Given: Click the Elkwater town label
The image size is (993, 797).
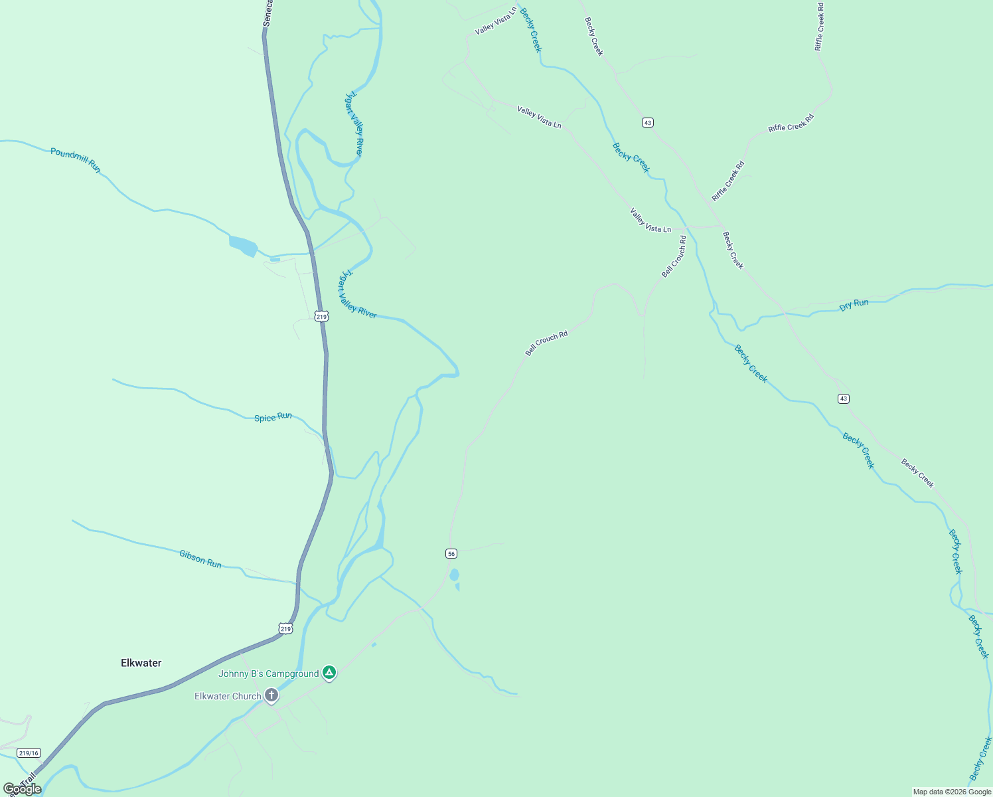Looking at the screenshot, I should [x=141, y=663].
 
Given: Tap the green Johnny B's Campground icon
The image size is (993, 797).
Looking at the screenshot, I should [x=329, y=673].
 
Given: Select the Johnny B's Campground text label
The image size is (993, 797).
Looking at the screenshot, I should [x=269, y=673].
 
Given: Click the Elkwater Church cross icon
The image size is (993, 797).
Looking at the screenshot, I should [x=271, y=695].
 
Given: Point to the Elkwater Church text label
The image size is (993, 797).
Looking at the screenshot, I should [x=228, y=696].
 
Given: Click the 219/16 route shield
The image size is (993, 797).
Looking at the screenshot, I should [x=29, y=753].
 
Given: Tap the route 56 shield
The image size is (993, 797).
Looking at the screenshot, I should [x=451, y=553].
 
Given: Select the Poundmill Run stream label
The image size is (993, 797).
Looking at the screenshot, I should [x=76, y=160].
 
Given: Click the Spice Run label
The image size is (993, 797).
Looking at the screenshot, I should [x=273, y=417].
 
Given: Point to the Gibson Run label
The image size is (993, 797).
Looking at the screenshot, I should [x=200, y=559].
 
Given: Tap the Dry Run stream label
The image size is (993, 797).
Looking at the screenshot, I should [x=854, y=304].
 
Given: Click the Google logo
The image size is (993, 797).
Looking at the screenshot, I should [x=22, y=789].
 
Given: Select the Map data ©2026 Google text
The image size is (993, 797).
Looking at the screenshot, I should [x=952, y=792].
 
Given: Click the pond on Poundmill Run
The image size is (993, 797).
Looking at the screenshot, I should [x=243, y=246].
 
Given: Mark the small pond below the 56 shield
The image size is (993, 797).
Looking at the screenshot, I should [x=454, y=575].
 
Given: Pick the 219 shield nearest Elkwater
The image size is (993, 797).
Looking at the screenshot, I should [x=285, y=628].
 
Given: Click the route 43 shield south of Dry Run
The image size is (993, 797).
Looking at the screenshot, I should [x=843, y=398].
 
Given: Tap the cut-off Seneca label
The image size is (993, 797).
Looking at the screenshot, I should [x=267, y=13].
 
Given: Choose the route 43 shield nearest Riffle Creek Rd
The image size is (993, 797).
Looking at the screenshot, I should [x=648, y=122].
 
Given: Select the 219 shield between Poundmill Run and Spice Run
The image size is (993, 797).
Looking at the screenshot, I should [x=321, y=317].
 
